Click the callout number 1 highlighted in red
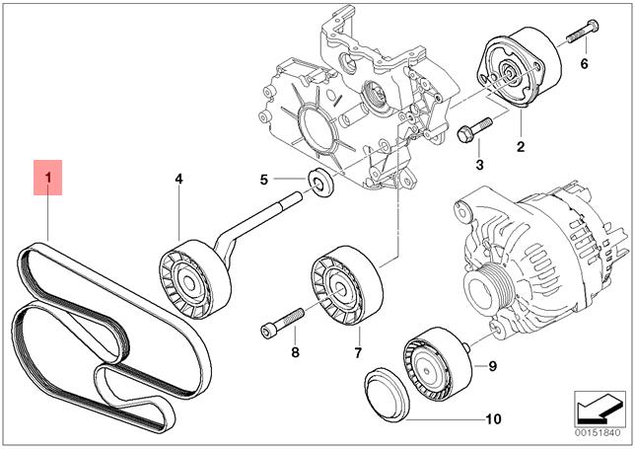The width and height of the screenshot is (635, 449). pyautogui.click(x=48, y=178)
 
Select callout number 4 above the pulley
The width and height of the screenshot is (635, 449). pyautogui.click(x=178, y=179)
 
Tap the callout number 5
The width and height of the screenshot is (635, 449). pyautogui.click(x=264, y=180)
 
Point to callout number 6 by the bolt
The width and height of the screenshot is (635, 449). pyautogui.click(x=584, y=63)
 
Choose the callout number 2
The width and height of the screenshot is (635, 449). pyautogui.click(x=521, y=146)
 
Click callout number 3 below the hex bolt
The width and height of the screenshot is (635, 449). pyautogui.click(x=479, y=165)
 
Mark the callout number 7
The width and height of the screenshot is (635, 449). pyautogui.click(x=358, y=353)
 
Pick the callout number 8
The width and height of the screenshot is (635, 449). pyautogui.click(x=295, y=352)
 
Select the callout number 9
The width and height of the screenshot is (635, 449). pyautogui.click(x=492, y=366)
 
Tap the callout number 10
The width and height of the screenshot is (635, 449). pyautogui.click(x=493, y=418)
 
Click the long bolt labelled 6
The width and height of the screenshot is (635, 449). pyautogui.click(x=582, y=32)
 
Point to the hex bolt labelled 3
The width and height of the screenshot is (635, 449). pyautogui.click(x=474, y=129)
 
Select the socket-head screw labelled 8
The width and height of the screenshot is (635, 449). pyautogui.click(x=282, y=323)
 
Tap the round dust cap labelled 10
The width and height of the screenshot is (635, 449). pyautogui.click(x=387, y=395)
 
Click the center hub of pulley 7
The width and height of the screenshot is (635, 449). pyautogui.click(x=339, y=289)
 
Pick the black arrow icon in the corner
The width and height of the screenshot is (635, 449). pyautogui.click(x=600, y=409)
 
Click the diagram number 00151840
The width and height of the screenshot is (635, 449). pyautogui.click(x=598, y=433)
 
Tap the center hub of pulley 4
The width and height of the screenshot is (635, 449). pyautogui.click(x=189, y=283)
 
